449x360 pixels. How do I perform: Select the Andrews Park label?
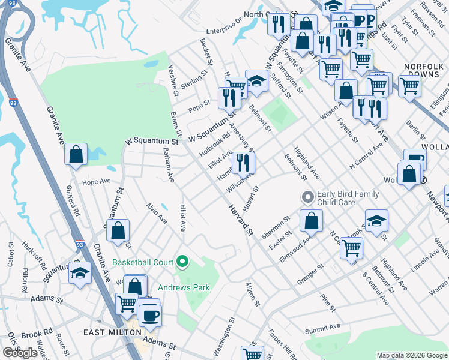(x=188, y=287)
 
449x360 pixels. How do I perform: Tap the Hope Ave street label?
(x=97, y=181)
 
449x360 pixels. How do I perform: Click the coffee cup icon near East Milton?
(x=150, y=314)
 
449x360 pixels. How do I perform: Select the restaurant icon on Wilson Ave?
(x=243, y=162)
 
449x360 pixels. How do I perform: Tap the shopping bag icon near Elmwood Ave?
(x=311, y=221)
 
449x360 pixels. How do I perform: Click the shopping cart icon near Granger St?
(x=351, y=247)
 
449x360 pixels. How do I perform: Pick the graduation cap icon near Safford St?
(x=256, y=80)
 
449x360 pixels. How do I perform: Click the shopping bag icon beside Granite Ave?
(x=76, y=154)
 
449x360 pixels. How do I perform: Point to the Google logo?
(x=20, y=353)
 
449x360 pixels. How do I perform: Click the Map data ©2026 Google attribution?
(x=412, y=355)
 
